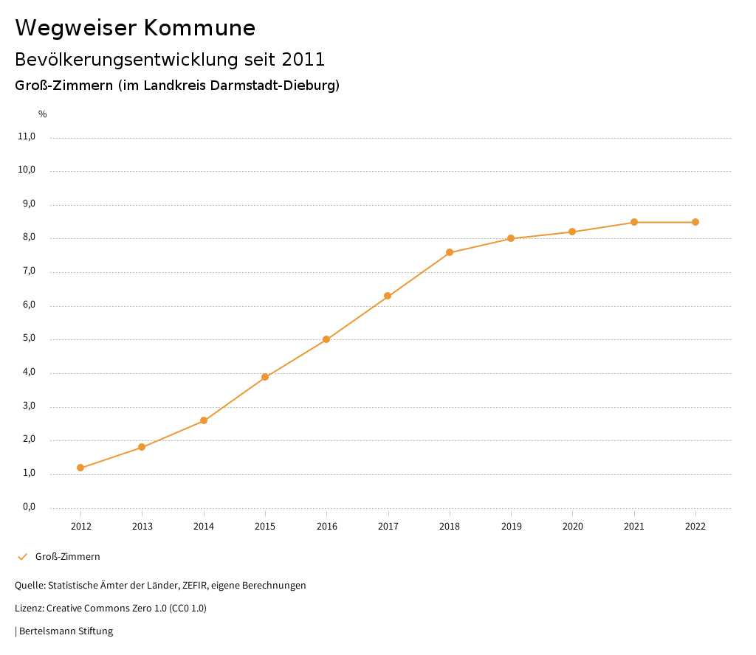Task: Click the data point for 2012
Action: (80, 468)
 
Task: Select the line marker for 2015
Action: (265, 377)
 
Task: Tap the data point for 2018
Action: (450, 252)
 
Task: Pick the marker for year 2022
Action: (695, 222)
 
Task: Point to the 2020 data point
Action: (572, 232)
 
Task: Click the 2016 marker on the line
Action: (326, 339)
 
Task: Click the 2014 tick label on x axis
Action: (204, 527)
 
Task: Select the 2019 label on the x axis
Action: (511, 527)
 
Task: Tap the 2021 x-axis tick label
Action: (634, 527)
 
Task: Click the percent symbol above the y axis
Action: (43, 114)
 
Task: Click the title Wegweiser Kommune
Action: (135, 28)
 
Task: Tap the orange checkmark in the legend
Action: (22, 557)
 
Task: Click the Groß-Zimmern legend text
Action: (67, 557)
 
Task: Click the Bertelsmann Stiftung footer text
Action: (66, 631)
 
